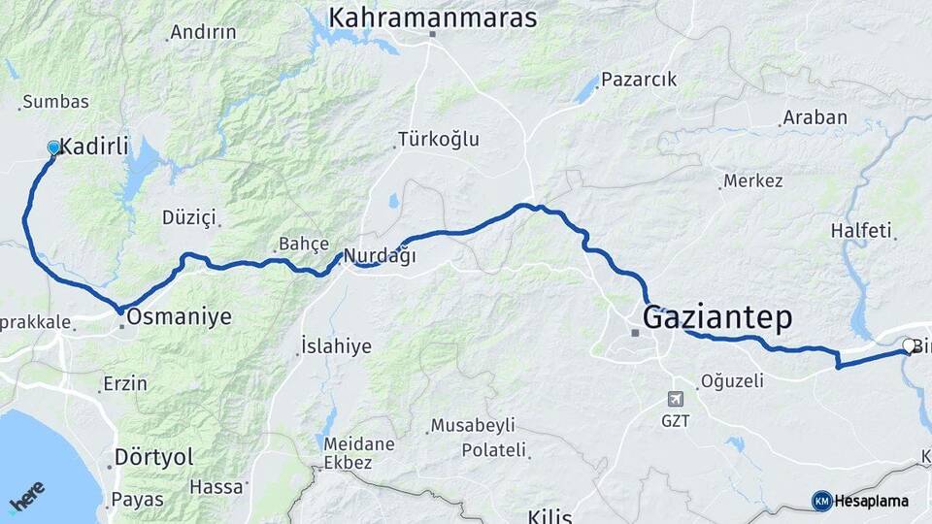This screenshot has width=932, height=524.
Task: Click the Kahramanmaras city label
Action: tap(433, 17)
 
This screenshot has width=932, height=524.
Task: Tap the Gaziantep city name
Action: tap(717, 317)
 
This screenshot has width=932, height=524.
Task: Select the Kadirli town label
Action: tap(94, 147)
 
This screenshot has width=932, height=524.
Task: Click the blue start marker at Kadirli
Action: tap(54, 147)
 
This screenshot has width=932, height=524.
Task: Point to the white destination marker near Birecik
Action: tap(908, 344)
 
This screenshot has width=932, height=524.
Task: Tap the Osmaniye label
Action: tap(180, 316)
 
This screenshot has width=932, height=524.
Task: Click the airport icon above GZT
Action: tap(676, 399)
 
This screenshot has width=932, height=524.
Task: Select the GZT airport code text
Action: tap(676, 421)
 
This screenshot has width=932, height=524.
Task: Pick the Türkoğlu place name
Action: tap(439, 139)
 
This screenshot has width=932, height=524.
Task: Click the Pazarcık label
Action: tap(638, 80)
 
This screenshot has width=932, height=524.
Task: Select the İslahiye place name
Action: tap(336, 346)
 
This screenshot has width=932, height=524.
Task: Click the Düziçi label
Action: tap(188, 217)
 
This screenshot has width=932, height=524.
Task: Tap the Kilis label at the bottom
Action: tap(549, 514)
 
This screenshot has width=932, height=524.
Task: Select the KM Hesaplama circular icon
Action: tap(821, 501)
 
